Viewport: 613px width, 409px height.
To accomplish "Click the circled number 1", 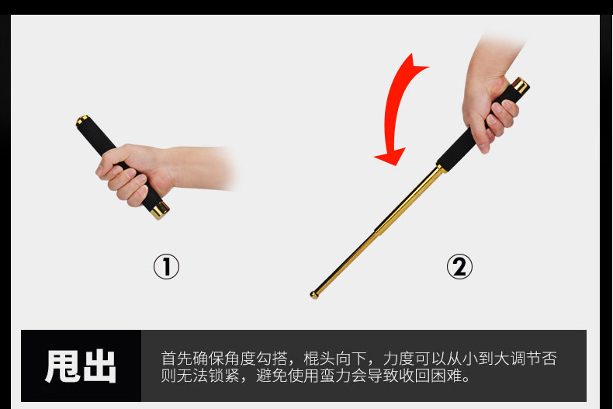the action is (x=166, y=267).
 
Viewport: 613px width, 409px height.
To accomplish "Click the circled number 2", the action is (x=459, y=267).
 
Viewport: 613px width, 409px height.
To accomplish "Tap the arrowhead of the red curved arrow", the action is (x=390, y=157).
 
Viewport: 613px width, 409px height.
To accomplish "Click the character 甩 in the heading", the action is (x=63, y=366).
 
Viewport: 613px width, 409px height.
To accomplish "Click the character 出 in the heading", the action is (x=99, y=366).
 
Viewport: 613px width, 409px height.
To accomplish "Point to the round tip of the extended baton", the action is (x=315, y=295).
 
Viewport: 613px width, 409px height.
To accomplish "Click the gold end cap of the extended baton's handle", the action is (x=521, y=85).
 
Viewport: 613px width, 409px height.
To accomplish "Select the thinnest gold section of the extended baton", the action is (x=345, y=263).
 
